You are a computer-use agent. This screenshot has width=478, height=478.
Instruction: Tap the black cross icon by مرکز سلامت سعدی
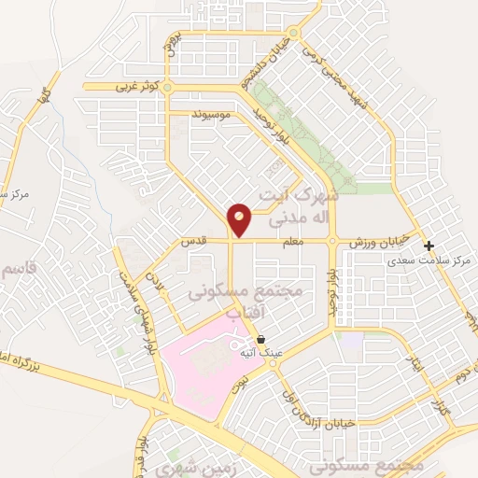pyautogui.click(x=429, y=246)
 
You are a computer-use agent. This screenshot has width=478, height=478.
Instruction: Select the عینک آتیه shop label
pyautogui.click(x=260, y=354)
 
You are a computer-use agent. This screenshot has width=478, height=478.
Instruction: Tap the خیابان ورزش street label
pyautogui.click(x=379, y=242)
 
